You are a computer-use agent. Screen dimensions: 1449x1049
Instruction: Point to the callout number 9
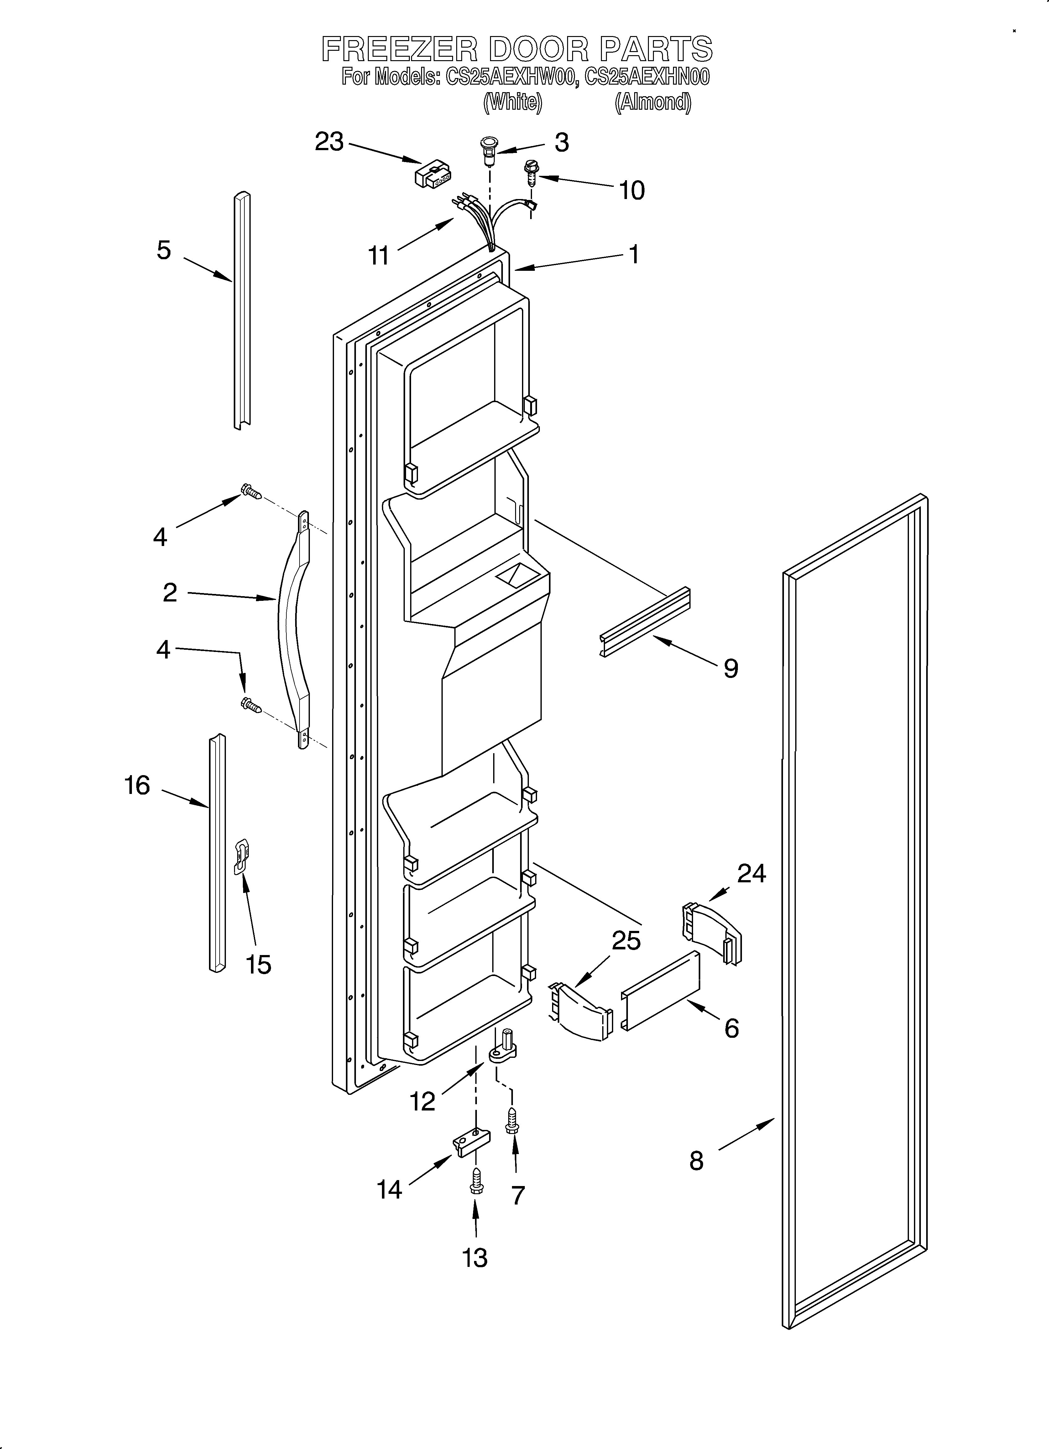pyautogui.click(x=731, y=668)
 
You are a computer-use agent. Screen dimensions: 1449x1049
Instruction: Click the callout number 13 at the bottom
pyautogui.click(x=475, y=1257)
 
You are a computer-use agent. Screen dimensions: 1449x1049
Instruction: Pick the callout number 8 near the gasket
pyautogui.click(x=696, y=1160)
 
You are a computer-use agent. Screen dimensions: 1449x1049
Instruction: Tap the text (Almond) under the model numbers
pyautogui.click(x=652, y=102)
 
